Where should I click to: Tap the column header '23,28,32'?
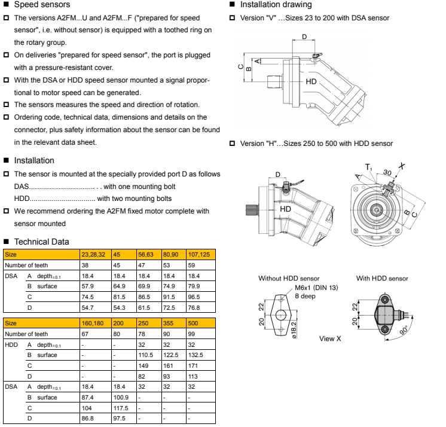click(x=94, y=254)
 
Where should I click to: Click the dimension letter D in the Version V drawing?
click(x=304, y=37)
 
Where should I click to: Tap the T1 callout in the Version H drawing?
click(x=369, y=167)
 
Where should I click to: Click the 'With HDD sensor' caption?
click(x=382, y=278)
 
